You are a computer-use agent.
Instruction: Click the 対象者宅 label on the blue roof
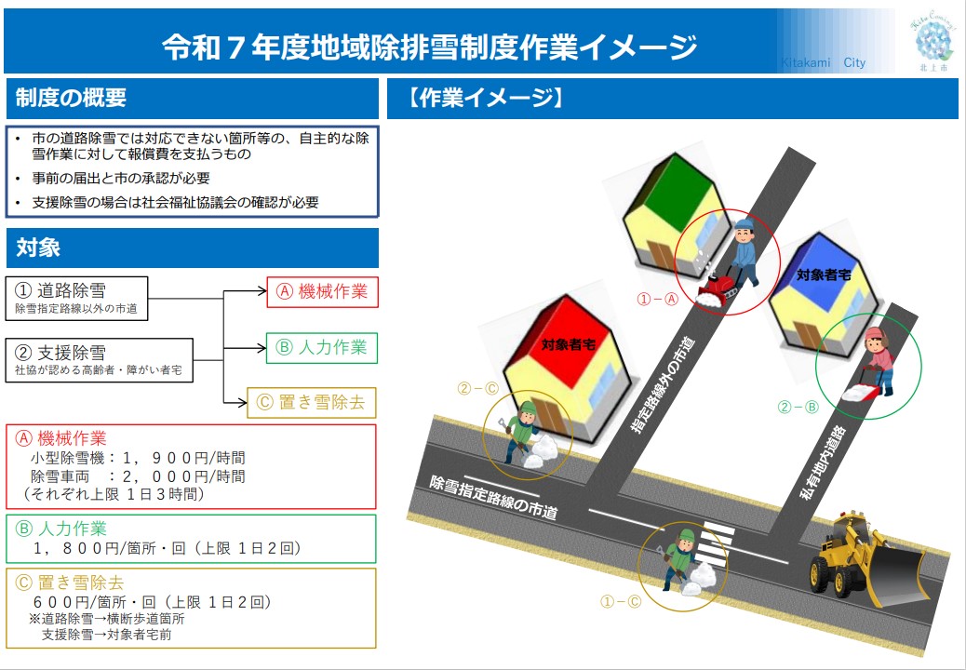825,275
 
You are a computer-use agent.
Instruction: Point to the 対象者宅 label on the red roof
568,345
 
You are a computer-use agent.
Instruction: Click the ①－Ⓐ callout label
657,300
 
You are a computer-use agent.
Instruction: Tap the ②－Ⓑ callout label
798,407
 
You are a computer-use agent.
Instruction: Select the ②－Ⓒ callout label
478,389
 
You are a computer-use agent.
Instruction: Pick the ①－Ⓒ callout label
621,602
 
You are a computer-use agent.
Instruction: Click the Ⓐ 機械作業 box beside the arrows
322,292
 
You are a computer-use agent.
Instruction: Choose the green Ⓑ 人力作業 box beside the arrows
322,348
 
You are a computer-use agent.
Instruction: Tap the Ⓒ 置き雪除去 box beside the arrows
312,403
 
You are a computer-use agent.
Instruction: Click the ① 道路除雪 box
77,298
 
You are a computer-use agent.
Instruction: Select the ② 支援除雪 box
100,360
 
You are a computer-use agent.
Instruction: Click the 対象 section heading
38,248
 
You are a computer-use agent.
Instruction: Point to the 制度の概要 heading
71,98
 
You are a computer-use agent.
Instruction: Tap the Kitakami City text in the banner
823,63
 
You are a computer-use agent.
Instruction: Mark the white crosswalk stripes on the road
716,543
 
